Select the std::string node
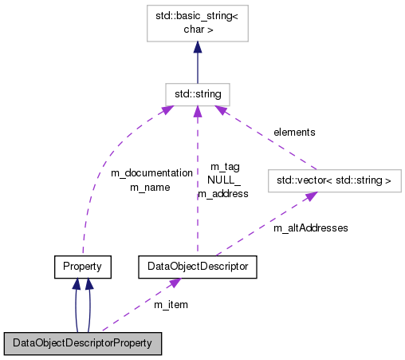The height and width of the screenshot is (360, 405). pos(198,94)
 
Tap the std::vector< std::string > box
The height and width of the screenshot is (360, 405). pos(333,181)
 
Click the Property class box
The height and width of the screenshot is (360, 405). pos(82,265)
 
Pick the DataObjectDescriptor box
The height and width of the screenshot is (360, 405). pos(198,265)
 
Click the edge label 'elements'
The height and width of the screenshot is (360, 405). pos(294,132)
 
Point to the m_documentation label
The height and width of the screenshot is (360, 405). pos(151,172)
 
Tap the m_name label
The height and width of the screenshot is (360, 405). pos(150,188)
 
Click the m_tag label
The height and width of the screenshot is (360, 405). pos(225,167)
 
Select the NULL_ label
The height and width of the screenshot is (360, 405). pos(224,180)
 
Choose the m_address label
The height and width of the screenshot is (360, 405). pos(223,193)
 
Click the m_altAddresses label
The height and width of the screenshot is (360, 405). pos(310,227)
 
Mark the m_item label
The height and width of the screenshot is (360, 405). pos(171,304)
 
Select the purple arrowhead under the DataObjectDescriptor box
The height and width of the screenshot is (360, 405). pos(172,283)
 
